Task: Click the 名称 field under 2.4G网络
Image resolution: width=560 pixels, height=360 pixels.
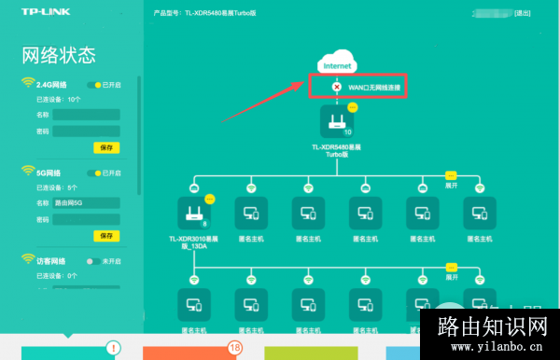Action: coord(86,115)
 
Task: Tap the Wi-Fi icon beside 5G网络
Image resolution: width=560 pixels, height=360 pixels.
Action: coord(28,173)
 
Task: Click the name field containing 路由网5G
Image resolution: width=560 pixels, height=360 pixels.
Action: coord(86,202)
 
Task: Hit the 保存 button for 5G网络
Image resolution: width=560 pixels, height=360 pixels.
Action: coord(106,236)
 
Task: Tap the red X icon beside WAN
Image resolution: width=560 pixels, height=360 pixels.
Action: coord(337,87)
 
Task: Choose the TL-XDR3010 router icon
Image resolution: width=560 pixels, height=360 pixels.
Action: coord(196,214)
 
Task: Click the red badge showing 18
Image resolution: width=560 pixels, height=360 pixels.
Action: coord(235,347)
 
